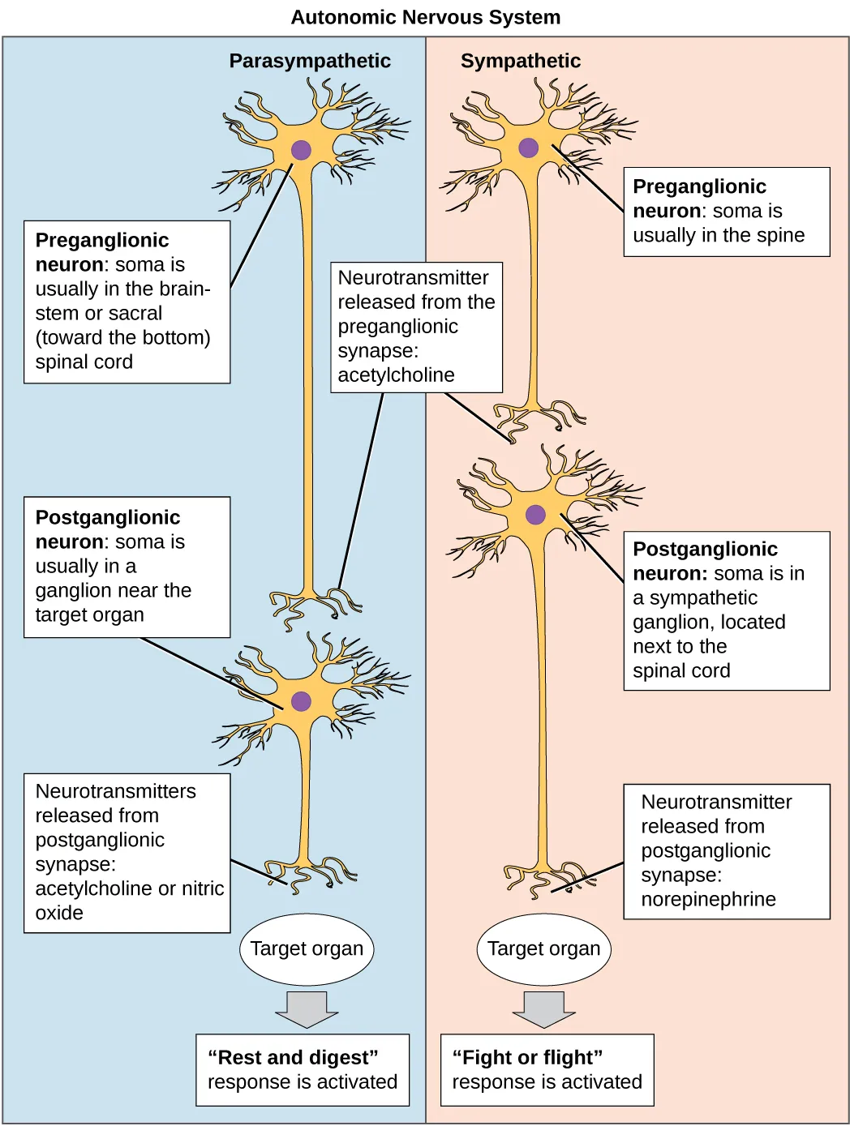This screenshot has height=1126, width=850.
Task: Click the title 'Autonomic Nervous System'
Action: point(425,17)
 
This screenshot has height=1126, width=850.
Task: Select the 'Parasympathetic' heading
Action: point(309,61)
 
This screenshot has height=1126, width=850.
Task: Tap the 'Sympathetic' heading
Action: point(520,61)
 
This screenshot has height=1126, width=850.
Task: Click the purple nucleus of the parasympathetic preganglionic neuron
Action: point(301,150)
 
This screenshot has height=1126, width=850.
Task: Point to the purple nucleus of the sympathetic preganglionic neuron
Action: point(528,148)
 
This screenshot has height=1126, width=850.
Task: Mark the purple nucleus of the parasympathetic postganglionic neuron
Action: point(301,701)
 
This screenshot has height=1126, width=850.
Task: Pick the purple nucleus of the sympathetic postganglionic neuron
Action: point(535,514)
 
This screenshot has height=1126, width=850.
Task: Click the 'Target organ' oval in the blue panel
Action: point(307,948)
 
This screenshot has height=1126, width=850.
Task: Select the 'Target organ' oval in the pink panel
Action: point(543,948)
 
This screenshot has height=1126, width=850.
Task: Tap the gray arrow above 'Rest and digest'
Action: point(307,1008)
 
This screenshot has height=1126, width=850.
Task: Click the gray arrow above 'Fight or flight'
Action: point(543,1008)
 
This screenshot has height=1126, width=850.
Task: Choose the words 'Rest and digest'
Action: point(293,1057)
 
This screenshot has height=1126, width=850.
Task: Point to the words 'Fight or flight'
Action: point(527,1057)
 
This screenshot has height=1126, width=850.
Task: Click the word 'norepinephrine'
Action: point(708,899)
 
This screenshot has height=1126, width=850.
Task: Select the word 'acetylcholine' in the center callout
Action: point(396,375)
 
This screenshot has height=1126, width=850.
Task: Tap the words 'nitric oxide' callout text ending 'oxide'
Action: point(59,913)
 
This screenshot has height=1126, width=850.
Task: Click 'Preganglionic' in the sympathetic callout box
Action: point(699,186)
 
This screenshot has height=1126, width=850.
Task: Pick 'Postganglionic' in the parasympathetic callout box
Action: point(108,517)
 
